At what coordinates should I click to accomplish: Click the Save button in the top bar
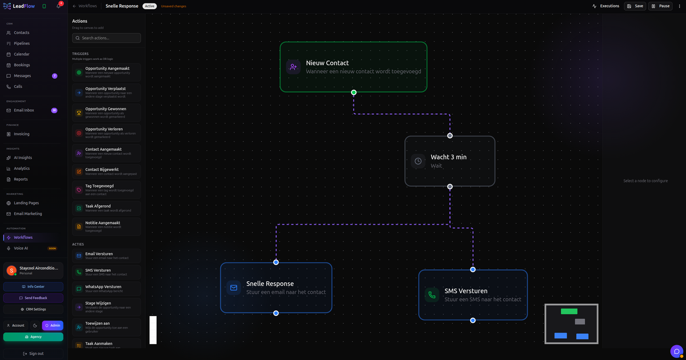coord(635,6)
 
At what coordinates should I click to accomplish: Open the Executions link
coord(606,6)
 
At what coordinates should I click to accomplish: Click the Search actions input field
coord(106,38)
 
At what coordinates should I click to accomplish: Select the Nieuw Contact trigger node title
coord(327,63)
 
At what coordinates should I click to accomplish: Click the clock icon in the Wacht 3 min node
coord(418,161)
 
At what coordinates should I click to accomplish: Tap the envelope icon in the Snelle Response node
coord(233,287)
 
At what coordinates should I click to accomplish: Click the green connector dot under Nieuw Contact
coord(354,92)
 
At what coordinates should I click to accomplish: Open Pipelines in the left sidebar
coord(22,43)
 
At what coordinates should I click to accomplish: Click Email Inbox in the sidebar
coord(24,110)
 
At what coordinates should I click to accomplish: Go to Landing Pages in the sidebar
coord(26,203)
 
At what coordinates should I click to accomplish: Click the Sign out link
coord(33,354)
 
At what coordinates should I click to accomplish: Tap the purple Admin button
coord(53,325)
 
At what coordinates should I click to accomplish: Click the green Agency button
coord(33,337)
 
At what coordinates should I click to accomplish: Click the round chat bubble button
coord(676,351)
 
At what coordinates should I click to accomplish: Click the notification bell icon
coord(58,6)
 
